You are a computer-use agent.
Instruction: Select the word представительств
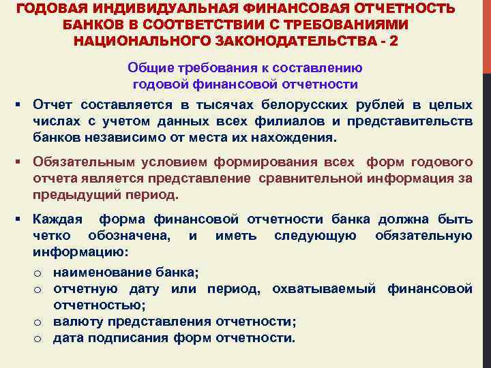[415, 121]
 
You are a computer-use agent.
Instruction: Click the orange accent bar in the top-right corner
[486, 34]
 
